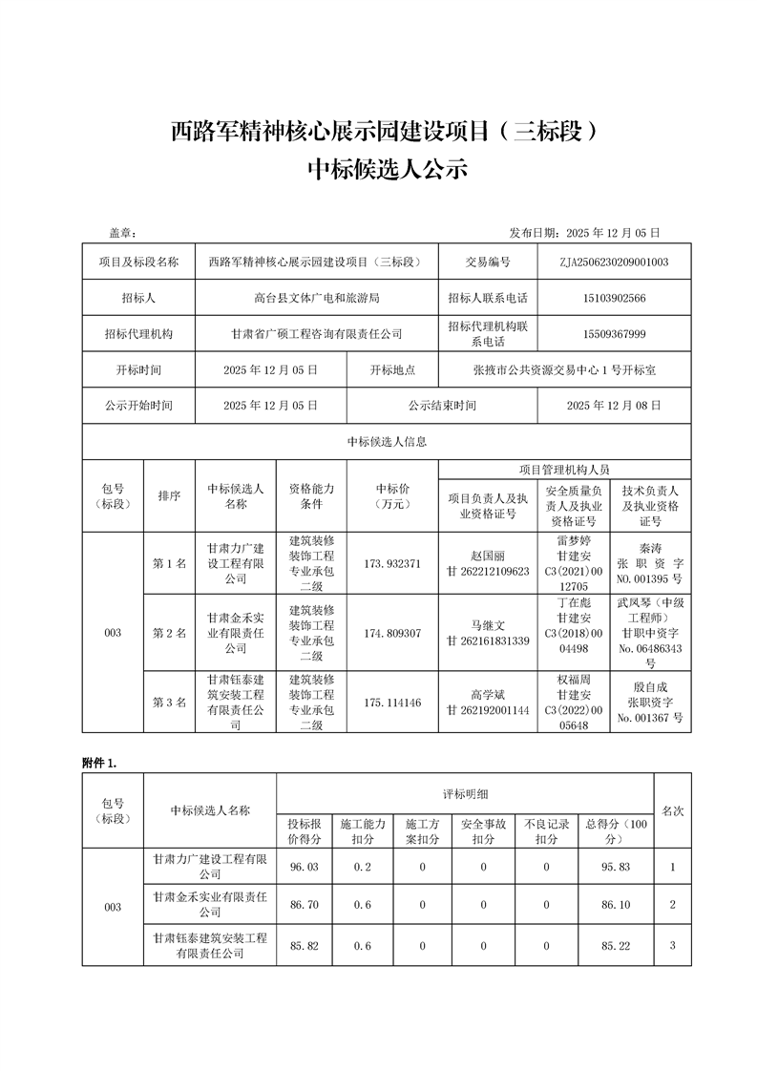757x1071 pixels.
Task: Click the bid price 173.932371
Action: tap(392, 563)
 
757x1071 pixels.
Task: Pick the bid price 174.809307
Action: tap(392, 633)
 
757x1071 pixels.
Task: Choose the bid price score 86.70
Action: tap(304, 904)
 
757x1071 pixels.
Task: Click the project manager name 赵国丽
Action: tap(487, 556)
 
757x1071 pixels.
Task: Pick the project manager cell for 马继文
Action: tap(487, 633)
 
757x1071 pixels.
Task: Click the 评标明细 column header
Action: tap(465, 793)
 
